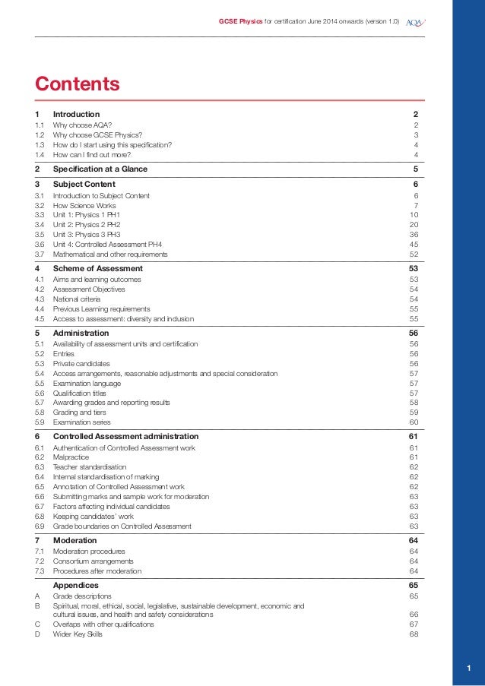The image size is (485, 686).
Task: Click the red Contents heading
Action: (78, 83)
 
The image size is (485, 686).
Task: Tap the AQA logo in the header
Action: (415, 21)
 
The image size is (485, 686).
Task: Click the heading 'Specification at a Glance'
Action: (100, 169)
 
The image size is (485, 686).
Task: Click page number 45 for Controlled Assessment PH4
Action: (414, 245)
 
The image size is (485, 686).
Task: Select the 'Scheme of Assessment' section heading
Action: (98, 268)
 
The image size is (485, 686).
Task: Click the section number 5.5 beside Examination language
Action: (39, 383)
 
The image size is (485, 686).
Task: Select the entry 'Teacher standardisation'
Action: (90, 467)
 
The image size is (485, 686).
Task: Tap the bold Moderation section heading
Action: (75, 540)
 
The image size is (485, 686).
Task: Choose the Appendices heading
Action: (76, 586)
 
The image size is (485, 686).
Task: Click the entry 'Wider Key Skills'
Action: (78, 634)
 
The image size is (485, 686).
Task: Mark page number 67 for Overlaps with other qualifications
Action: (414, 624)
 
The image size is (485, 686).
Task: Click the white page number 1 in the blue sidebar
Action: (468, 668)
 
